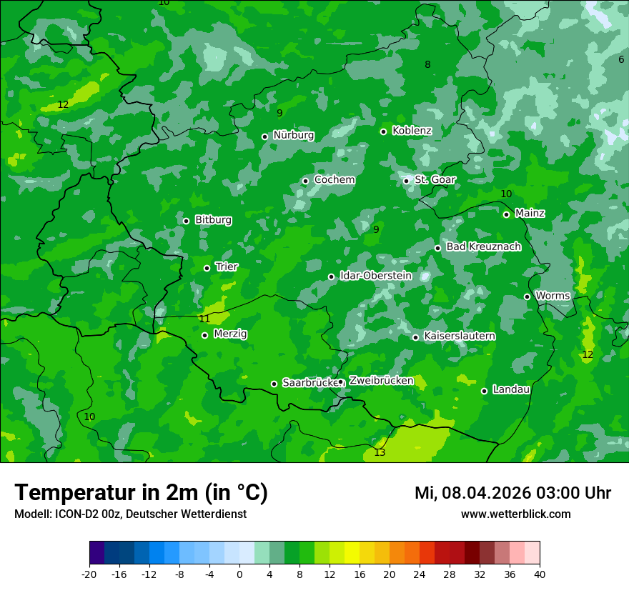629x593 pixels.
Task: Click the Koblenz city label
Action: coord(412,131)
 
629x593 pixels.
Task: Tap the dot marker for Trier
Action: coord(207,268)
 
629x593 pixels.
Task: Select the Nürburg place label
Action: coord(293,135)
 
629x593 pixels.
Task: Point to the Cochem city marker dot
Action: coord(305,181)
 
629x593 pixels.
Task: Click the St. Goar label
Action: coord(435,180)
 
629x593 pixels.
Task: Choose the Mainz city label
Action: coord(530,213)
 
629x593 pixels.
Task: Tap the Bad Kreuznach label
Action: coord(483,246)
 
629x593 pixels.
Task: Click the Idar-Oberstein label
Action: coord(375,276)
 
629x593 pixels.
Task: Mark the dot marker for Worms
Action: coord(527,296)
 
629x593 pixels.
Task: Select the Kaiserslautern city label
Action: coord(459,336)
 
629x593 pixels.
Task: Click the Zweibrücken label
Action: coord(381,381)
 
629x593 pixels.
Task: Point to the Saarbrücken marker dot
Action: coord(274,384)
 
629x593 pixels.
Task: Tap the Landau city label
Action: coord(511,389)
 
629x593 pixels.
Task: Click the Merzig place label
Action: coord(230,334)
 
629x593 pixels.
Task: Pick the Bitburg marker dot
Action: coord(186,221)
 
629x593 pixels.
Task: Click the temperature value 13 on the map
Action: coord(380,452)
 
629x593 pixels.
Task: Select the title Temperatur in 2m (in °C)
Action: coord(141,493)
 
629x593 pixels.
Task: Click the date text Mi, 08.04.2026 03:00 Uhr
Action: coord(512,493)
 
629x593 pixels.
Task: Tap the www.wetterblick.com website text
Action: coord(515,514)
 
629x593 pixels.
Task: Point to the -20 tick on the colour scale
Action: coord(89,574)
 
